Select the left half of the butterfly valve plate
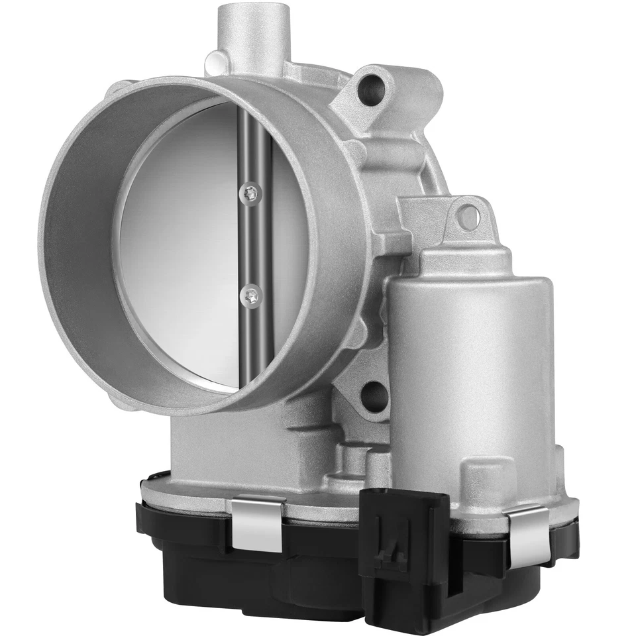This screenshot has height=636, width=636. [x=179, y=245]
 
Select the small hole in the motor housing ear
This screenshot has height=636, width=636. [x=468, y=215]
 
